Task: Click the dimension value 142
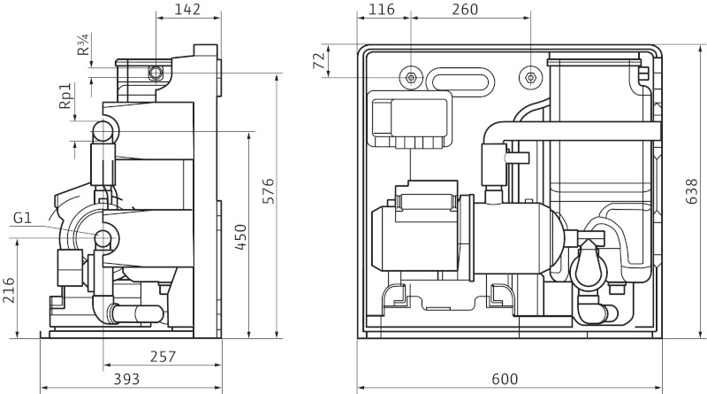point(187,10)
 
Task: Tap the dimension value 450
point(240,238)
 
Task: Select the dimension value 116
point(382,10)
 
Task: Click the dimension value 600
point(505,380)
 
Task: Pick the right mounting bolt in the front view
point(529,77)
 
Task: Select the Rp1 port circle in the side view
point(103,132)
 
